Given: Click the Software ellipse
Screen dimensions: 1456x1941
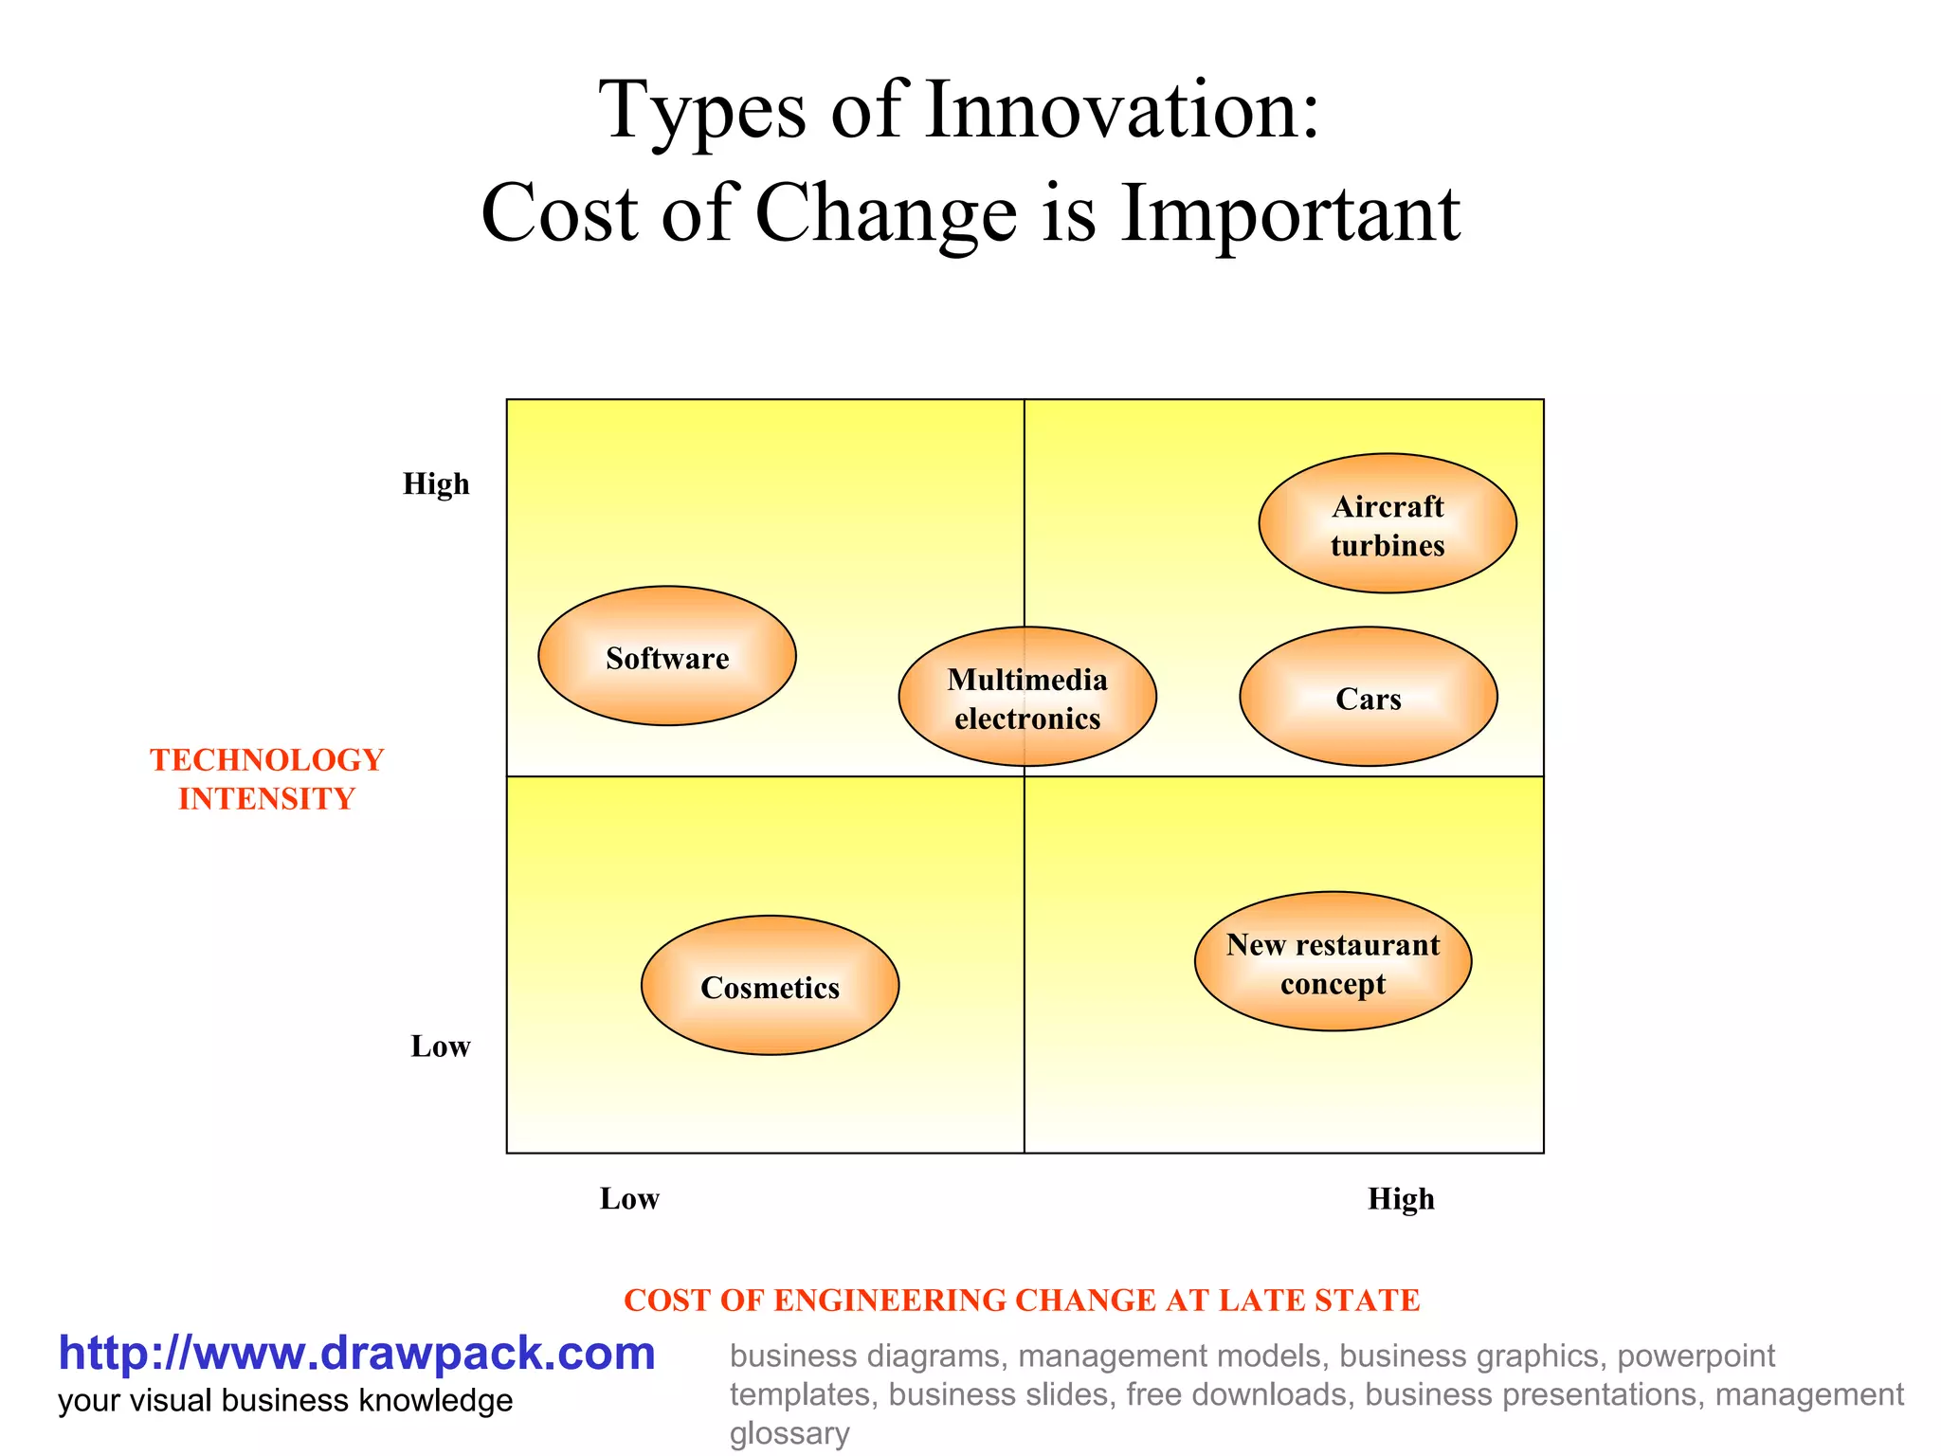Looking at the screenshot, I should point(667,656).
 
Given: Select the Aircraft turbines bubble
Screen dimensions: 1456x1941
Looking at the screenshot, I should point(1388,524).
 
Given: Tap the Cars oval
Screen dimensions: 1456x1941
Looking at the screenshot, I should point(1369,698).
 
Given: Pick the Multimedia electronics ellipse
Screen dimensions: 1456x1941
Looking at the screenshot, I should point(1027,698).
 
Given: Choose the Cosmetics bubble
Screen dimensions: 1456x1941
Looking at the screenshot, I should point(770,986).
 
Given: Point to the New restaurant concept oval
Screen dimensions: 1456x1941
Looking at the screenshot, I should point(1333,962).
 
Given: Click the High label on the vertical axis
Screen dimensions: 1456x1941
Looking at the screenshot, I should point(436,484).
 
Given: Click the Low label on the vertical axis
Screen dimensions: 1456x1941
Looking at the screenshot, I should point(440,1046).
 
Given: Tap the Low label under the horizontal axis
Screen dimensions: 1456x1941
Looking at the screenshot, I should point(629,1199).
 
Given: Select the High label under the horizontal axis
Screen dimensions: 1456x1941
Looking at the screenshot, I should point(1401,1200).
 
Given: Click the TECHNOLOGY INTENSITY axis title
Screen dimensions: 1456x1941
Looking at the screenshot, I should point(266,779).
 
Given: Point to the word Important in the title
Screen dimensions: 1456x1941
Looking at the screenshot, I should point(1290,214).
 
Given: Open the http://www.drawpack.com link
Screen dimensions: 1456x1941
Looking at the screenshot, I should point(356,1354).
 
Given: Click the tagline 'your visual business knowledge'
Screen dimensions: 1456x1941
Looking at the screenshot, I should point(285,1401).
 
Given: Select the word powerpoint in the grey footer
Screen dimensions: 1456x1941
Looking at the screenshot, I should point(1696,1356).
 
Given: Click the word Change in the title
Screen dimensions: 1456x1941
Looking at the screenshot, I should point(886,214).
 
